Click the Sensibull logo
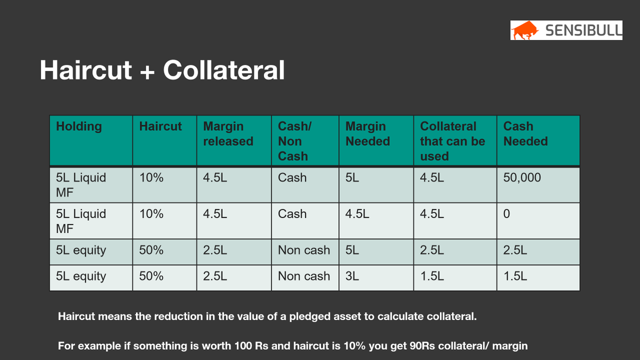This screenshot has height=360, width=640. pyautogui.click(x=566, y=30)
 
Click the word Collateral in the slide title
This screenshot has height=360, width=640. pyautogui.click(x=224, y=70)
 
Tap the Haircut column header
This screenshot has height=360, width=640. pyautogui.click(x=160, y=126)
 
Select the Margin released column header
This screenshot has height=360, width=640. pyautogui.click(x=228, y=134)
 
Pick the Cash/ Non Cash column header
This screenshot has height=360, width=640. pyautogui.click(x=293, y=141)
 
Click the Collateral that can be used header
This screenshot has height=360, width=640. pyautogui.click(x=452, y=141)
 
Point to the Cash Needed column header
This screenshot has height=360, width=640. pyautogui.click(x=525, y=134)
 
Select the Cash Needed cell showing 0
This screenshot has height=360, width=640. pyautogui.click(x=507, y=214)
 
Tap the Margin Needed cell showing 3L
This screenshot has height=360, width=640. pyautogui.click(x=352, y=276)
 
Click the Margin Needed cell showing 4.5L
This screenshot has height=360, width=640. pyautogui.click(x=357, y=214)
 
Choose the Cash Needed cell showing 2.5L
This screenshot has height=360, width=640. pyautogui.click(x=515, y=250)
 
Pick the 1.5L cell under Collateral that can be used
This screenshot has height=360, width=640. pyautogui.click(x=432, y=276)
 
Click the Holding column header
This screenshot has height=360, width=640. pyautogui.click(x=78, y=126)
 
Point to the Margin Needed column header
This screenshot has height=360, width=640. pyautogui.click(x=367, y=134)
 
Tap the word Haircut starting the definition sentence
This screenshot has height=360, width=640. pyautogui.click(x=75, y=316)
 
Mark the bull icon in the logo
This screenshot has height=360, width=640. pyautogui.click(x=525, y=30)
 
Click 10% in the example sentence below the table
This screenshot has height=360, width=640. pyautogui.click(x=355, y=346)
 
